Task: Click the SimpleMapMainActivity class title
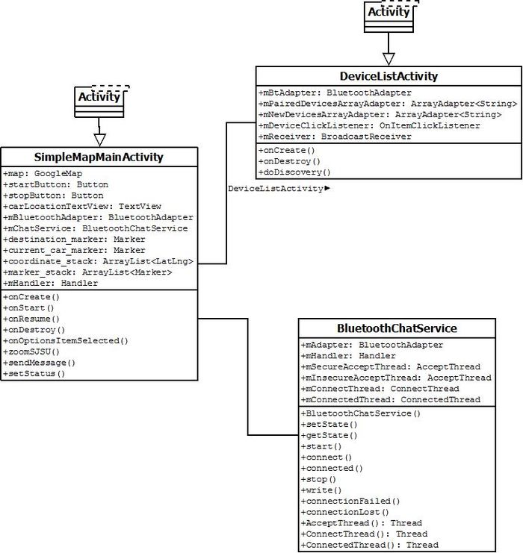(99, 157)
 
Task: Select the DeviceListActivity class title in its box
(389, 77)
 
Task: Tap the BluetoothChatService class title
(397, 328)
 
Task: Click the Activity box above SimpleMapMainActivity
(99, 102)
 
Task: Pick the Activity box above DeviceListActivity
(389, 17)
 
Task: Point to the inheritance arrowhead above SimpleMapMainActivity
(100, 140)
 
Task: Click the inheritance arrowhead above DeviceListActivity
(389, 59)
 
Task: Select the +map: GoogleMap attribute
(43, 174)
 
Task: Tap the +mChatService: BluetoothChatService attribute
(96, 228)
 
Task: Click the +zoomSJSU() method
(31, 352)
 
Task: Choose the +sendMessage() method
(39, 363)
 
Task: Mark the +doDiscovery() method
(294, 172)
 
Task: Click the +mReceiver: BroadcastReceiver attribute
(335, 137)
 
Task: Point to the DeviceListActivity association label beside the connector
(279, 189)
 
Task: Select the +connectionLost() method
(344, 512)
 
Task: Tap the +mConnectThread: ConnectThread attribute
(380, 389)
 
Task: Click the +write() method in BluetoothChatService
(321, 490)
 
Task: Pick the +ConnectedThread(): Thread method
(370, 545)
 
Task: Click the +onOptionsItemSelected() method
(66, 341)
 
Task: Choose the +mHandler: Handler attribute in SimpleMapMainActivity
(51, 283)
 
